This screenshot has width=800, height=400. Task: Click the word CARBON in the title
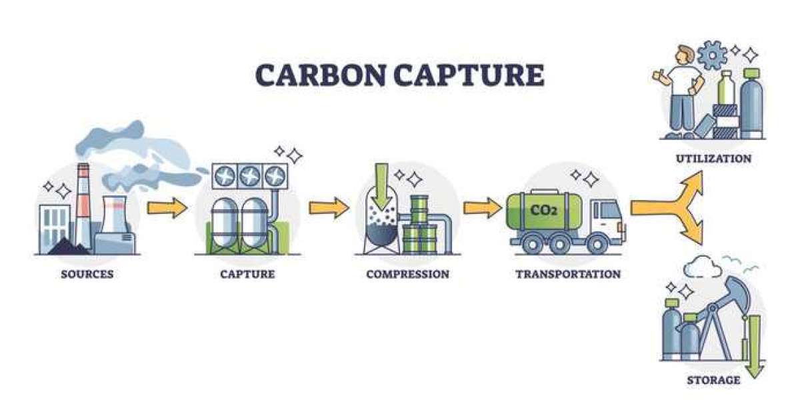[x=321, y=75]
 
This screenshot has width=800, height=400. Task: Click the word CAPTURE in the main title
[x=469, y=75]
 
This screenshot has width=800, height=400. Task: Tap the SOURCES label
[x=87, y=274]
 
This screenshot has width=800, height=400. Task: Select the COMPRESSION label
[x=408, y=274]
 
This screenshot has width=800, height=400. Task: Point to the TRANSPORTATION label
[x=568, y=274]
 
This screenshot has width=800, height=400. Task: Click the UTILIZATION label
[x=714, y=159]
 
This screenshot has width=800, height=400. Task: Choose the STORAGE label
[x=713, y=380]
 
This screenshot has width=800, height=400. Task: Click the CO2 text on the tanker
[x=543, y=209]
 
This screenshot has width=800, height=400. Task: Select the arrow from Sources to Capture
[x=167, y=207]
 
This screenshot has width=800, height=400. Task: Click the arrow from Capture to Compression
[x=329, y=207]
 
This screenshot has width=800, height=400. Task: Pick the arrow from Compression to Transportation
[x=483, y=207]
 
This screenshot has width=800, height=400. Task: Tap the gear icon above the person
[x=712, y=55]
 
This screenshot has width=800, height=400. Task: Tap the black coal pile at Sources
[x=68, y=247]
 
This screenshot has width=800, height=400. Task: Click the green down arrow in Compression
[x=382, y=187]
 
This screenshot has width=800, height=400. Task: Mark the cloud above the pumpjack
[x=702, y=266]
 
